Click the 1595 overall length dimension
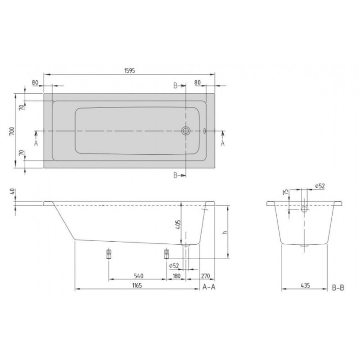(129, 70)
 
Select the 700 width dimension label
(11, 131)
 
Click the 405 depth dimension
(178, 225)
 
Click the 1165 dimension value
(135, 285)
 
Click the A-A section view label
(209, 287)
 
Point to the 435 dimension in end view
(304, 285)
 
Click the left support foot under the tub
(109, 254)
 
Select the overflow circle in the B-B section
(304, 209)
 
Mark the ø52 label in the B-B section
(319, 186)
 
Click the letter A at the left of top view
(36, 143)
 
